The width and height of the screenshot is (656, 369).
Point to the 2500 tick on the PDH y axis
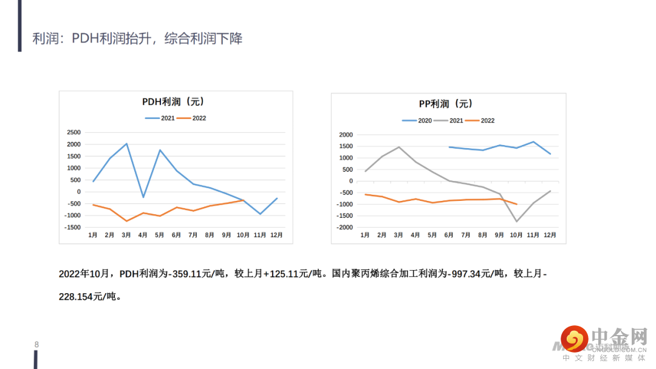[73, 132]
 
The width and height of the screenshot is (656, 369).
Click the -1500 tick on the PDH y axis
[72, 228]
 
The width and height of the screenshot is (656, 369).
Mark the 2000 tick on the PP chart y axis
[346, 135]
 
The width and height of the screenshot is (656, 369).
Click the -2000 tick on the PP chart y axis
[344, 228]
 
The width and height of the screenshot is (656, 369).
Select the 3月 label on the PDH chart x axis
[126, 235]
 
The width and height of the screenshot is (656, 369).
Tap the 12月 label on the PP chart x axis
[550, 235]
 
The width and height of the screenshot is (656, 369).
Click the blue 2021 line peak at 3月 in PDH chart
[126, 144]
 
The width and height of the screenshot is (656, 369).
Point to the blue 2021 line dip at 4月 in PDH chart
[143, 197]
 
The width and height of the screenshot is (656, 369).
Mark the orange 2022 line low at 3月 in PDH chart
[126, 221]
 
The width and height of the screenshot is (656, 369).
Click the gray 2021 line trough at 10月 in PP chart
[516, 222]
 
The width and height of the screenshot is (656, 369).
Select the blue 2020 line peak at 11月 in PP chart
[533, 142]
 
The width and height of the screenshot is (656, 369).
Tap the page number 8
[36, 345]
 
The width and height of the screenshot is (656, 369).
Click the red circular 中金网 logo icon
[573, 339]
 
